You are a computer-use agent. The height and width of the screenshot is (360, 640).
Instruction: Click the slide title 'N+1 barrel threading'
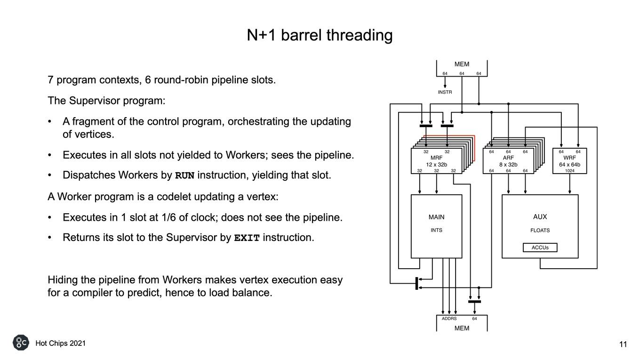[x=320, y=35]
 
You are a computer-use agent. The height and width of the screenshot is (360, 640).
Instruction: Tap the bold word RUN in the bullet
[x=184, y=176]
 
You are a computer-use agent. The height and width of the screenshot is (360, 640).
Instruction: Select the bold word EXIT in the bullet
[x=247, y=238]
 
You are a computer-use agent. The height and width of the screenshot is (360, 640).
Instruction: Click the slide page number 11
[x=623, y=344]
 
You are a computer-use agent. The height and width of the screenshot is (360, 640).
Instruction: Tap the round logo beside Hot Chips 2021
[x=21, y=343]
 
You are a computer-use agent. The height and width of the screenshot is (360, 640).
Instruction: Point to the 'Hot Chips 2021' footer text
[x=61, y=343]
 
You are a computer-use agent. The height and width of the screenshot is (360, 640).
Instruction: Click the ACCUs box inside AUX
[x=540, y=248]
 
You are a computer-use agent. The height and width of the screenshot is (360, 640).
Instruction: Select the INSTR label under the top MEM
[x=445, y=92]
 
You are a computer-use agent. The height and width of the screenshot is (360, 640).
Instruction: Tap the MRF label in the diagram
[x=436, y=158]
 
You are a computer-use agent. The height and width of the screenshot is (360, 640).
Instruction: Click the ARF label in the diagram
[x=508, y=158]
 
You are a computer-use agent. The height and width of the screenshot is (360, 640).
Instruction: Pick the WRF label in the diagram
[x=569, y=158]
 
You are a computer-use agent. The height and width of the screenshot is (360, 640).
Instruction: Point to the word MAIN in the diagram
[x=436, y=217]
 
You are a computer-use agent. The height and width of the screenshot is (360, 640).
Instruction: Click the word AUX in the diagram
[x=540, y=217]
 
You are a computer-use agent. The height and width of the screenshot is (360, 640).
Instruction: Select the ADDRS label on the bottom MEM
[x=449, y=319]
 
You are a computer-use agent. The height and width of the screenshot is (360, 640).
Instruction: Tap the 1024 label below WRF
[x=570, y=170]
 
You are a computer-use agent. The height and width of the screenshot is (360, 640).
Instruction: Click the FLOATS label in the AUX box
[x=540, y=230]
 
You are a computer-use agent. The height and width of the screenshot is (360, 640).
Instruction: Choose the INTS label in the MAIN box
[x=436, y=230]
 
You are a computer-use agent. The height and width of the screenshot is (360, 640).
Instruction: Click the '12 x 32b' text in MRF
[x=436, y=165]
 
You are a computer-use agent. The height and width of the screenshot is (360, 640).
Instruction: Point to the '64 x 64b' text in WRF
[x=569, y=165]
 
